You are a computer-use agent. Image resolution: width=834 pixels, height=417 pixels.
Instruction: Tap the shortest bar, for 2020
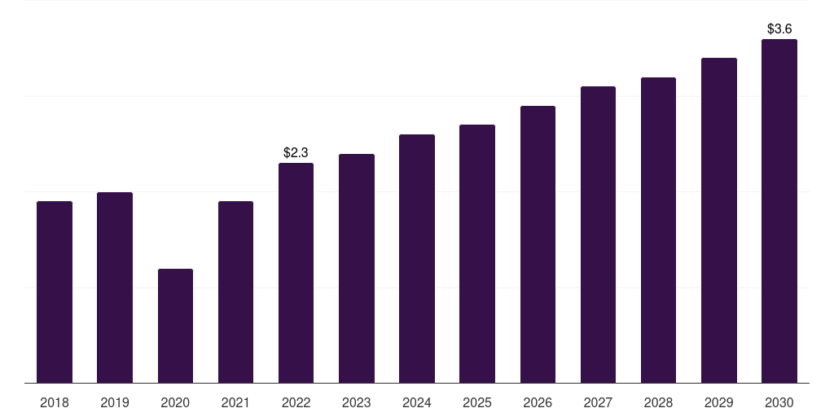[x=175, y=326]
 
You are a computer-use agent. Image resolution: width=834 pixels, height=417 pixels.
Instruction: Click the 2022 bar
[x=296, y=273]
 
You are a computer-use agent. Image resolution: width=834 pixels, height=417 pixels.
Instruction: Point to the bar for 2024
[x=417, y=258]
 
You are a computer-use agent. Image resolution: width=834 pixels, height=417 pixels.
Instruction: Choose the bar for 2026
[x=538, y=244]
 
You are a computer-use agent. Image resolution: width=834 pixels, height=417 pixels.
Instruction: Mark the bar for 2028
[x=658, y=230]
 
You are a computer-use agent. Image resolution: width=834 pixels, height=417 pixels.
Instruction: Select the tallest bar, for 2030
[x=779, y=211]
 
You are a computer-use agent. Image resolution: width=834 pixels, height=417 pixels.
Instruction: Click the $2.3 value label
[x=296, y=152]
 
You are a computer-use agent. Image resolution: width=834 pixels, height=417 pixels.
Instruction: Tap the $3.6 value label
[x=779, y=29]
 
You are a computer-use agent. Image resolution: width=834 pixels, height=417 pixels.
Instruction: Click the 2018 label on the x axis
[x=55, y=402]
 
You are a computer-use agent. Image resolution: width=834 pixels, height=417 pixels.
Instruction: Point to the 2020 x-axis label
[x=175, y=402]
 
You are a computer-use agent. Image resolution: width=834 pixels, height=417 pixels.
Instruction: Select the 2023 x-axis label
[x=357, y=402]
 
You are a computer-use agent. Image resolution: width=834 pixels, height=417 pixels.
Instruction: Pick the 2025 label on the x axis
[x=477, y=402]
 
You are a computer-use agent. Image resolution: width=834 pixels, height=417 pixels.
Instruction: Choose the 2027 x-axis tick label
[x=598, y=402]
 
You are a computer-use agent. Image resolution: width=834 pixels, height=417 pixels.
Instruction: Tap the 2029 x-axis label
[x=718, y=402]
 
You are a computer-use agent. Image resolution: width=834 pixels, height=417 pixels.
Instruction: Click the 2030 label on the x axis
[x=779, y=402]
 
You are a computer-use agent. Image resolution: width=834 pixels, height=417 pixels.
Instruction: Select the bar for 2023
[x=357, y=268]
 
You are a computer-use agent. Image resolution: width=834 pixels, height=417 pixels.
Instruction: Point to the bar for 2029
[x=718, y=220]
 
